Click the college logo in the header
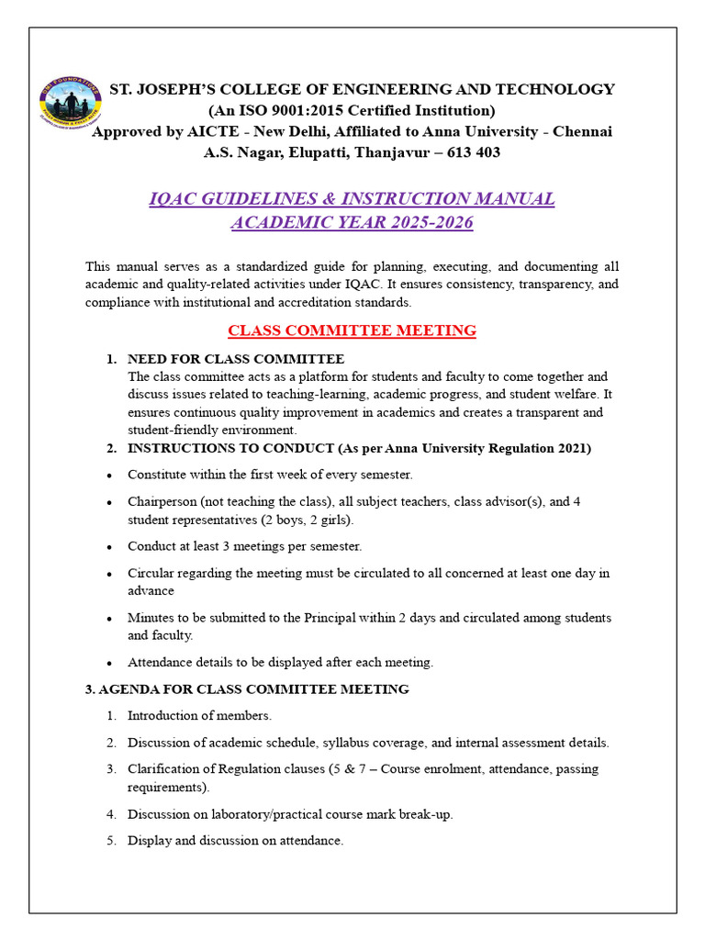pos(72,101)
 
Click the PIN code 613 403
pos(474,152)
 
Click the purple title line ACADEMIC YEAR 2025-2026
pos(352,222)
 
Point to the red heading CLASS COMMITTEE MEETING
pos(352,330)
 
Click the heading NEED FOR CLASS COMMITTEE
pos(236,359)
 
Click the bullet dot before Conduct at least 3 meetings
pos(109,547)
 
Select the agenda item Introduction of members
pos(199,715)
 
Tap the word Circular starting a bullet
pos(151,573)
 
